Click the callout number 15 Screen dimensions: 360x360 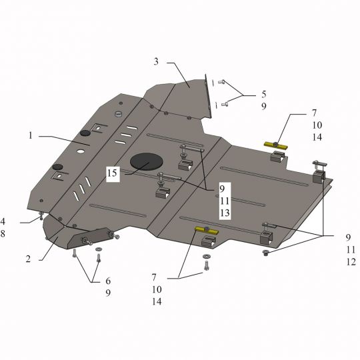(x=112, y=173)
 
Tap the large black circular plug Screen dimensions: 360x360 (x=147, y=161)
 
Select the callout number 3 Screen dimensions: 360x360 (x=156, y=61)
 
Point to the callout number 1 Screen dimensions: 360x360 (x=30, y=135)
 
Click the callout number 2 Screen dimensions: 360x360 (x=28, y=259)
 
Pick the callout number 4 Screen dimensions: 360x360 (x=3, y=221)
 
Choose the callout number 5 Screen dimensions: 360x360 (x=264, y=94)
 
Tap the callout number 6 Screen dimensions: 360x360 (x=108, y=281)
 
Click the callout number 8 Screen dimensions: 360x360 (x=3, y=234)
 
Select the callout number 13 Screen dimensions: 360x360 (x=225, y=213)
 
